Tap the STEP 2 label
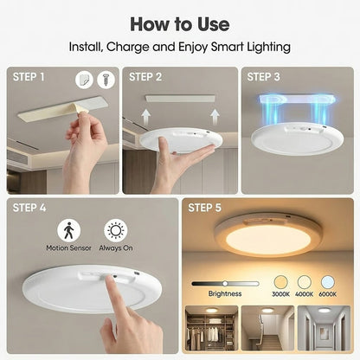(x=146, y=77)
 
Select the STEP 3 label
(x=265, y=77)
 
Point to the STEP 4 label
(x=32, y=209)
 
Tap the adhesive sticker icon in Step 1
(x=84, y=79)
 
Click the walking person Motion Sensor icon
(x=68, y=230)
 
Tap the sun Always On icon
(x=114, y=230)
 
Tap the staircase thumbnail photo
(x=263, y=333)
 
